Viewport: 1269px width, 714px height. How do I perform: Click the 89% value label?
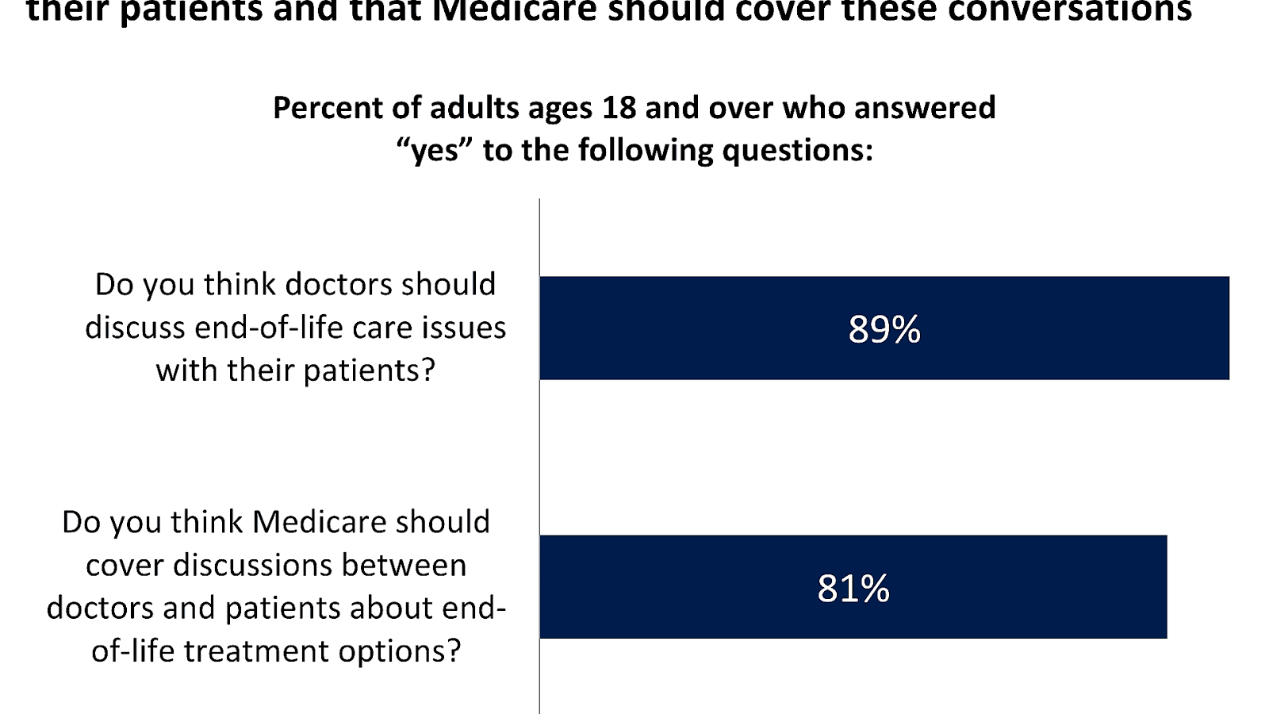click(884, 329)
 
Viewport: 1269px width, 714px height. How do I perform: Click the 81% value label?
click(853, 589)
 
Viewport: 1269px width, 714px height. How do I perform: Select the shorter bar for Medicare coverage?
click(1031, 587)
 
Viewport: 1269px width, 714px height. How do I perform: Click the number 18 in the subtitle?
click(619, 108)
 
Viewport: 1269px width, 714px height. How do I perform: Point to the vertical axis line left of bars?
click(539, 460)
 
